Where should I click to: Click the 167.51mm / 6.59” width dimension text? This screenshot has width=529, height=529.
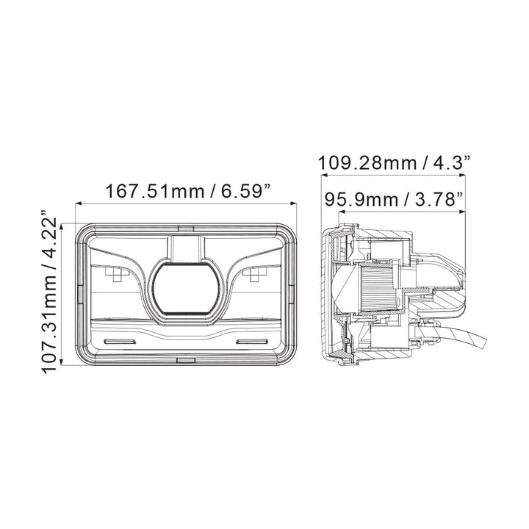[188, 191]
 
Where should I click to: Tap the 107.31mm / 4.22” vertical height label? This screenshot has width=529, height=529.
[49, 292]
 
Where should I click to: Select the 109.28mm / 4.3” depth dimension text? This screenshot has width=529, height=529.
[394, 163]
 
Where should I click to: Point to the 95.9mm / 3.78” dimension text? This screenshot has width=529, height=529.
[393, 199]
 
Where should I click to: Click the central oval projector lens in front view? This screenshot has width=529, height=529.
[186, 289]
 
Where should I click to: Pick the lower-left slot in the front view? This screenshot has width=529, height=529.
[120, 342]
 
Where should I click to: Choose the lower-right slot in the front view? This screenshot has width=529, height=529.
[253, 342]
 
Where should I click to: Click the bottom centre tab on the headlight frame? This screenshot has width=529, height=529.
[186, 360]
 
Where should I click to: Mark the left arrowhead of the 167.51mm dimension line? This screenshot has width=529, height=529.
[79, 203]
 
